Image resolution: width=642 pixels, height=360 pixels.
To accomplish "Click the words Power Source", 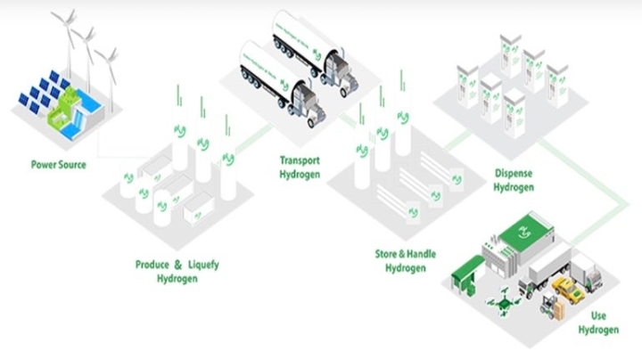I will [x=59, y=165].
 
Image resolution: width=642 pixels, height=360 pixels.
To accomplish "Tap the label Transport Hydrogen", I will [x=300, y=167].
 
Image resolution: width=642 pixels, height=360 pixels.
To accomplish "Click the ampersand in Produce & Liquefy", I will [x=177, y=265].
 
